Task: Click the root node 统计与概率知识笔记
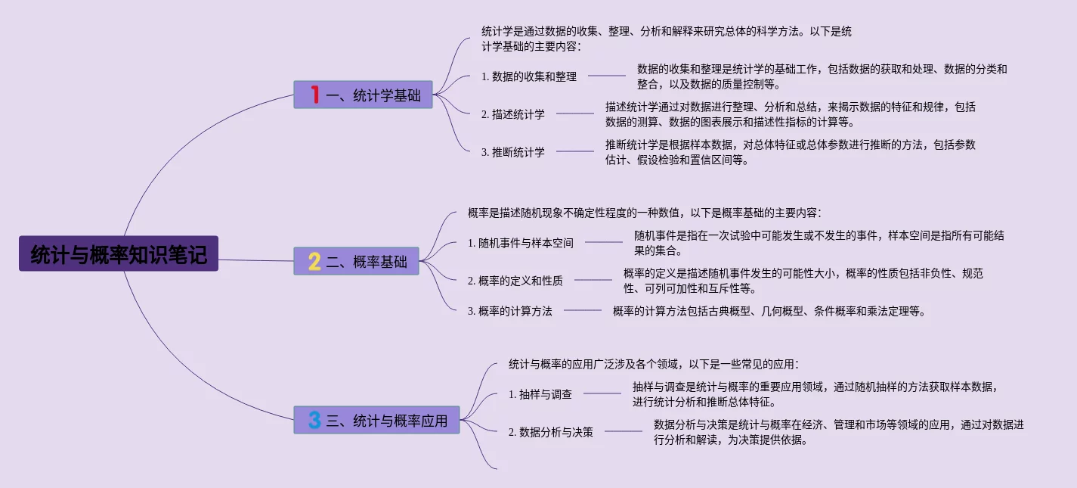pos(119,254)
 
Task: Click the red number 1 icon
pos(314,95)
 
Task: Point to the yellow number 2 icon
pos(314,262)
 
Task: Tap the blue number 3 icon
pos(314,420)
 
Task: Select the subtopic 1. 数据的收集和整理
pos(529,76)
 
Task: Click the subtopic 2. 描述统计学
pos(513,114)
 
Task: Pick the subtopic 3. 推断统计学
pos(513,152)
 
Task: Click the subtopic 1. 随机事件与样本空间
pos(521,243)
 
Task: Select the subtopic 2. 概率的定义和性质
pos(515,281)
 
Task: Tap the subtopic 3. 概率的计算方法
pos(510,311)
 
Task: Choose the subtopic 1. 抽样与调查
pos(540,394)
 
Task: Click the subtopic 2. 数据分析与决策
pos(551,432)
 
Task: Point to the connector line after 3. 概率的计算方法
pos(583,310)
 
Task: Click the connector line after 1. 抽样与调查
pos(602,393)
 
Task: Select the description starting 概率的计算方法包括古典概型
pos(769,311)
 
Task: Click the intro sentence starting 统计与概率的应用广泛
pos(654,365)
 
